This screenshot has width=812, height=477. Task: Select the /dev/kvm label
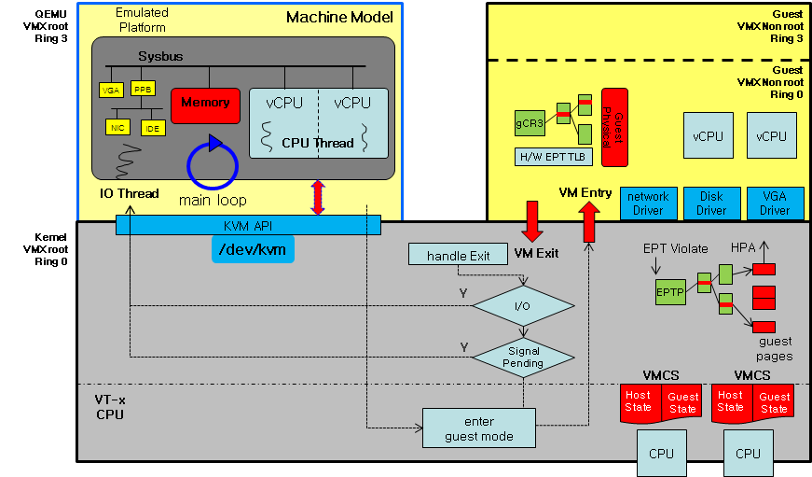tap(251, 248)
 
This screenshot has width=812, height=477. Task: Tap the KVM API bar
tap(248, 225)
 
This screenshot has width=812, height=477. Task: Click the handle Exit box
tap(458, 255)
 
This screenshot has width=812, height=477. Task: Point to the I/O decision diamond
tap(523, 305)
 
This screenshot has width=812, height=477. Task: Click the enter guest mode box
tap(479, 428)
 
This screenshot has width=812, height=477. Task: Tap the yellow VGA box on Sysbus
tap(111, 90)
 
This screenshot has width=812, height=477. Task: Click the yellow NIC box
tap(117, 126)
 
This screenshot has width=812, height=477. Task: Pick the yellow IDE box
tap(152, 127)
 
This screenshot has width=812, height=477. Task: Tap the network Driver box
tap(648, 203)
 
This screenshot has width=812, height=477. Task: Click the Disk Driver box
tap(710, 203)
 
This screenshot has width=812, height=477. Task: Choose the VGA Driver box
tap(774, 203)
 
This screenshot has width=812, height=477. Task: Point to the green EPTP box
tap(670, 290)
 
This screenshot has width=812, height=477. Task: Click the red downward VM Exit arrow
tap(533, 221)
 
